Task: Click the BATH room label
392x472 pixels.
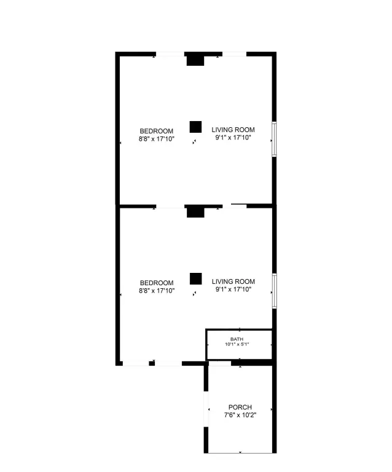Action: tap(237, 339)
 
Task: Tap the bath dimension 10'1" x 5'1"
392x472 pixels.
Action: tap(237, 344)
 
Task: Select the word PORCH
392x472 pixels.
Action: tap(240, 407)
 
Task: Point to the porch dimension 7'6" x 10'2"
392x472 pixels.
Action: tap(240, 415)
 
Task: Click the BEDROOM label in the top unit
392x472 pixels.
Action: tap(157, 132)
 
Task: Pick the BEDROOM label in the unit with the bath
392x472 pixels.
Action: tap(157, 283)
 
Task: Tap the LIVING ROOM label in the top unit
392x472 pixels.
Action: tap(233, 130)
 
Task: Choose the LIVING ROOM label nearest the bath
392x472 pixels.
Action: tap(233, 281)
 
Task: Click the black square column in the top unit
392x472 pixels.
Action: tap(195, 127)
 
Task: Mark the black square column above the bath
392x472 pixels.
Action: tap(195, 279)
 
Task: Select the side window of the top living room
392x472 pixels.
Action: tap(274, 139)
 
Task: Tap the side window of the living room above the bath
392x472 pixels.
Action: tap(275, 291)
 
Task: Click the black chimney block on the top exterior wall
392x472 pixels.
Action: tap(195, 59)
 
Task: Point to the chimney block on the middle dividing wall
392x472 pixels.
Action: tap(195, 211)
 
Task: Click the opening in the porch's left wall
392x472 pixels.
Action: tap(206, 409)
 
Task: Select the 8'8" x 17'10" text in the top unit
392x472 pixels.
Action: tap(157, 139)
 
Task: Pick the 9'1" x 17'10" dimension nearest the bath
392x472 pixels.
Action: tap(233, 289)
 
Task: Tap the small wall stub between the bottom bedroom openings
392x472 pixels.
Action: tap(152, 363)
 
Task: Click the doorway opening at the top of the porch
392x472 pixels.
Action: tap(220, 363)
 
